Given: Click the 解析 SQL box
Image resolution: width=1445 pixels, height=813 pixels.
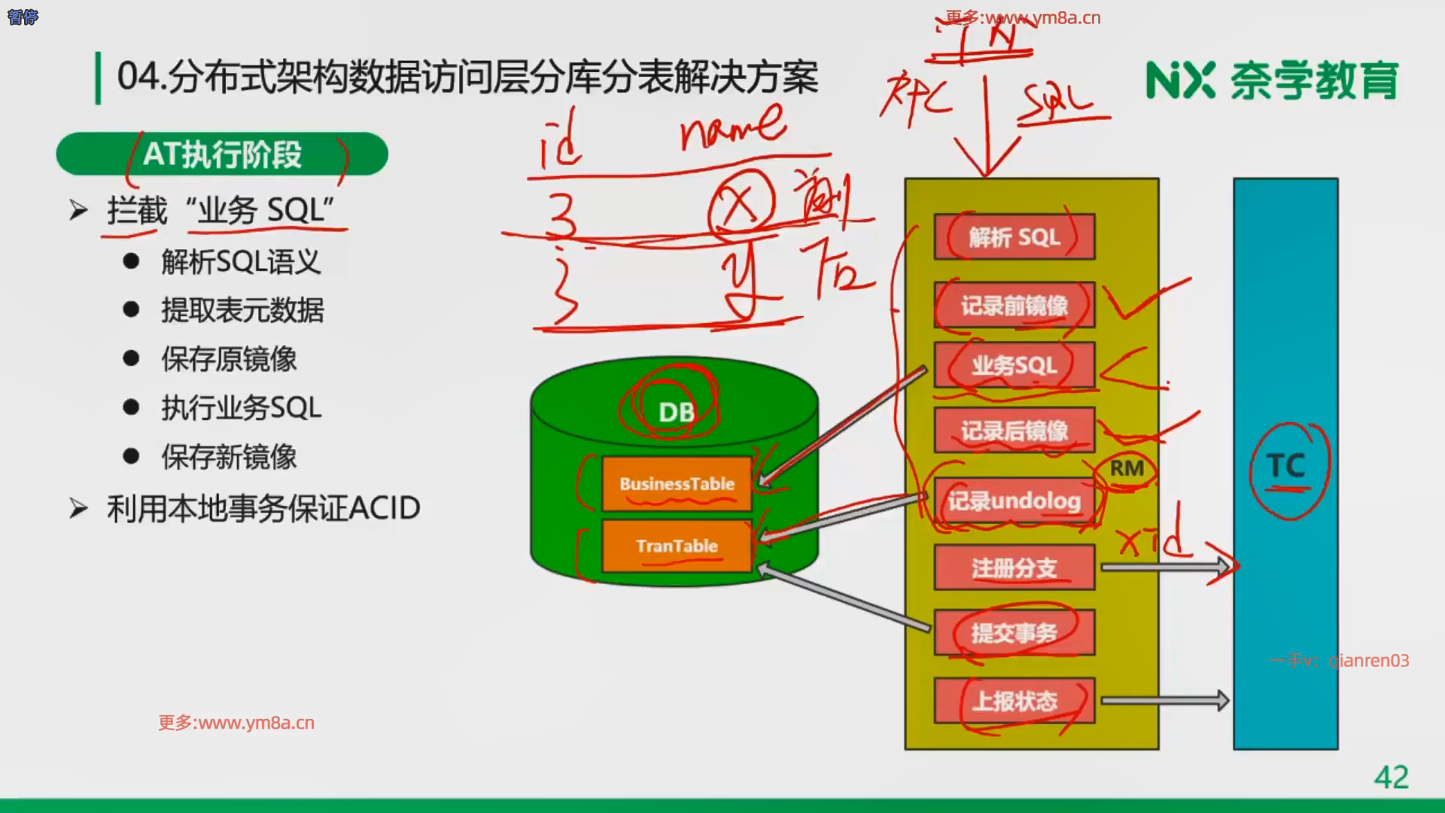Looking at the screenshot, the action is click(1014, 237).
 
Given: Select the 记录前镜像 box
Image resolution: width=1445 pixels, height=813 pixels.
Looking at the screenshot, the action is click(1014, 305).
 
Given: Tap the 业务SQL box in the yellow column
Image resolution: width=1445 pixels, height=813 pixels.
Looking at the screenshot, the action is click(1014, 366).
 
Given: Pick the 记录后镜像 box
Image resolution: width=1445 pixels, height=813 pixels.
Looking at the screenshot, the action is click(1014, 431).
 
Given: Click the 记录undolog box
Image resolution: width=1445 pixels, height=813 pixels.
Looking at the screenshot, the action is click(1014, 501).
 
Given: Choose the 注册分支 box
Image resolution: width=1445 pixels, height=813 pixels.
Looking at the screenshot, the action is click(1014, 568).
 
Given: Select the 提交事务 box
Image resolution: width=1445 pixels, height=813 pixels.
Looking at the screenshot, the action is click(1014, 633).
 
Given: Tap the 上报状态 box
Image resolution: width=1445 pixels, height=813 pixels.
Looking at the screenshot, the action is click(1014, 701).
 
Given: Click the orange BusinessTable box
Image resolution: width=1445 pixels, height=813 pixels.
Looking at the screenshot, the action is click(677, 484).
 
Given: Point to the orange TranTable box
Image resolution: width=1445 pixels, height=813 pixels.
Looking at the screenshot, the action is click(677, 546).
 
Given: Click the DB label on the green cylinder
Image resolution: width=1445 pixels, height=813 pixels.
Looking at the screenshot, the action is click(676, 412).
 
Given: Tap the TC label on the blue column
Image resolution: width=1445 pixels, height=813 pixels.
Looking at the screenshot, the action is click(1285, 466).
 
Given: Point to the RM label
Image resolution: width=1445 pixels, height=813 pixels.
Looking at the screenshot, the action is click(1127, 468).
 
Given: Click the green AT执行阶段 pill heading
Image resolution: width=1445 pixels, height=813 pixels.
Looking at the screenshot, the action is click(222, 154).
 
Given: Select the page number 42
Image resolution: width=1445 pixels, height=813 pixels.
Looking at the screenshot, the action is click(1391, 777).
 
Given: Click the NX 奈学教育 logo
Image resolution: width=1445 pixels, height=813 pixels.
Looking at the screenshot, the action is click(1271, 80).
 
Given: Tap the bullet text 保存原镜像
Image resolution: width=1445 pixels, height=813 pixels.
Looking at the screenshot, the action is click(229, 359).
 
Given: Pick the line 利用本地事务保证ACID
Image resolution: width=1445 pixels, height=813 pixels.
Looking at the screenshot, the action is click(263, 508).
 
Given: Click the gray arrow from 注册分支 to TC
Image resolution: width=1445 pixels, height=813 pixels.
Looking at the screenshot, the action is click(1164, 567).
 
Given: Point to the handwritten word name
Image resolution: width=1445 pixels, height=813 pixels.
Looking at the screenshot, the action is click(732, 128).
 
